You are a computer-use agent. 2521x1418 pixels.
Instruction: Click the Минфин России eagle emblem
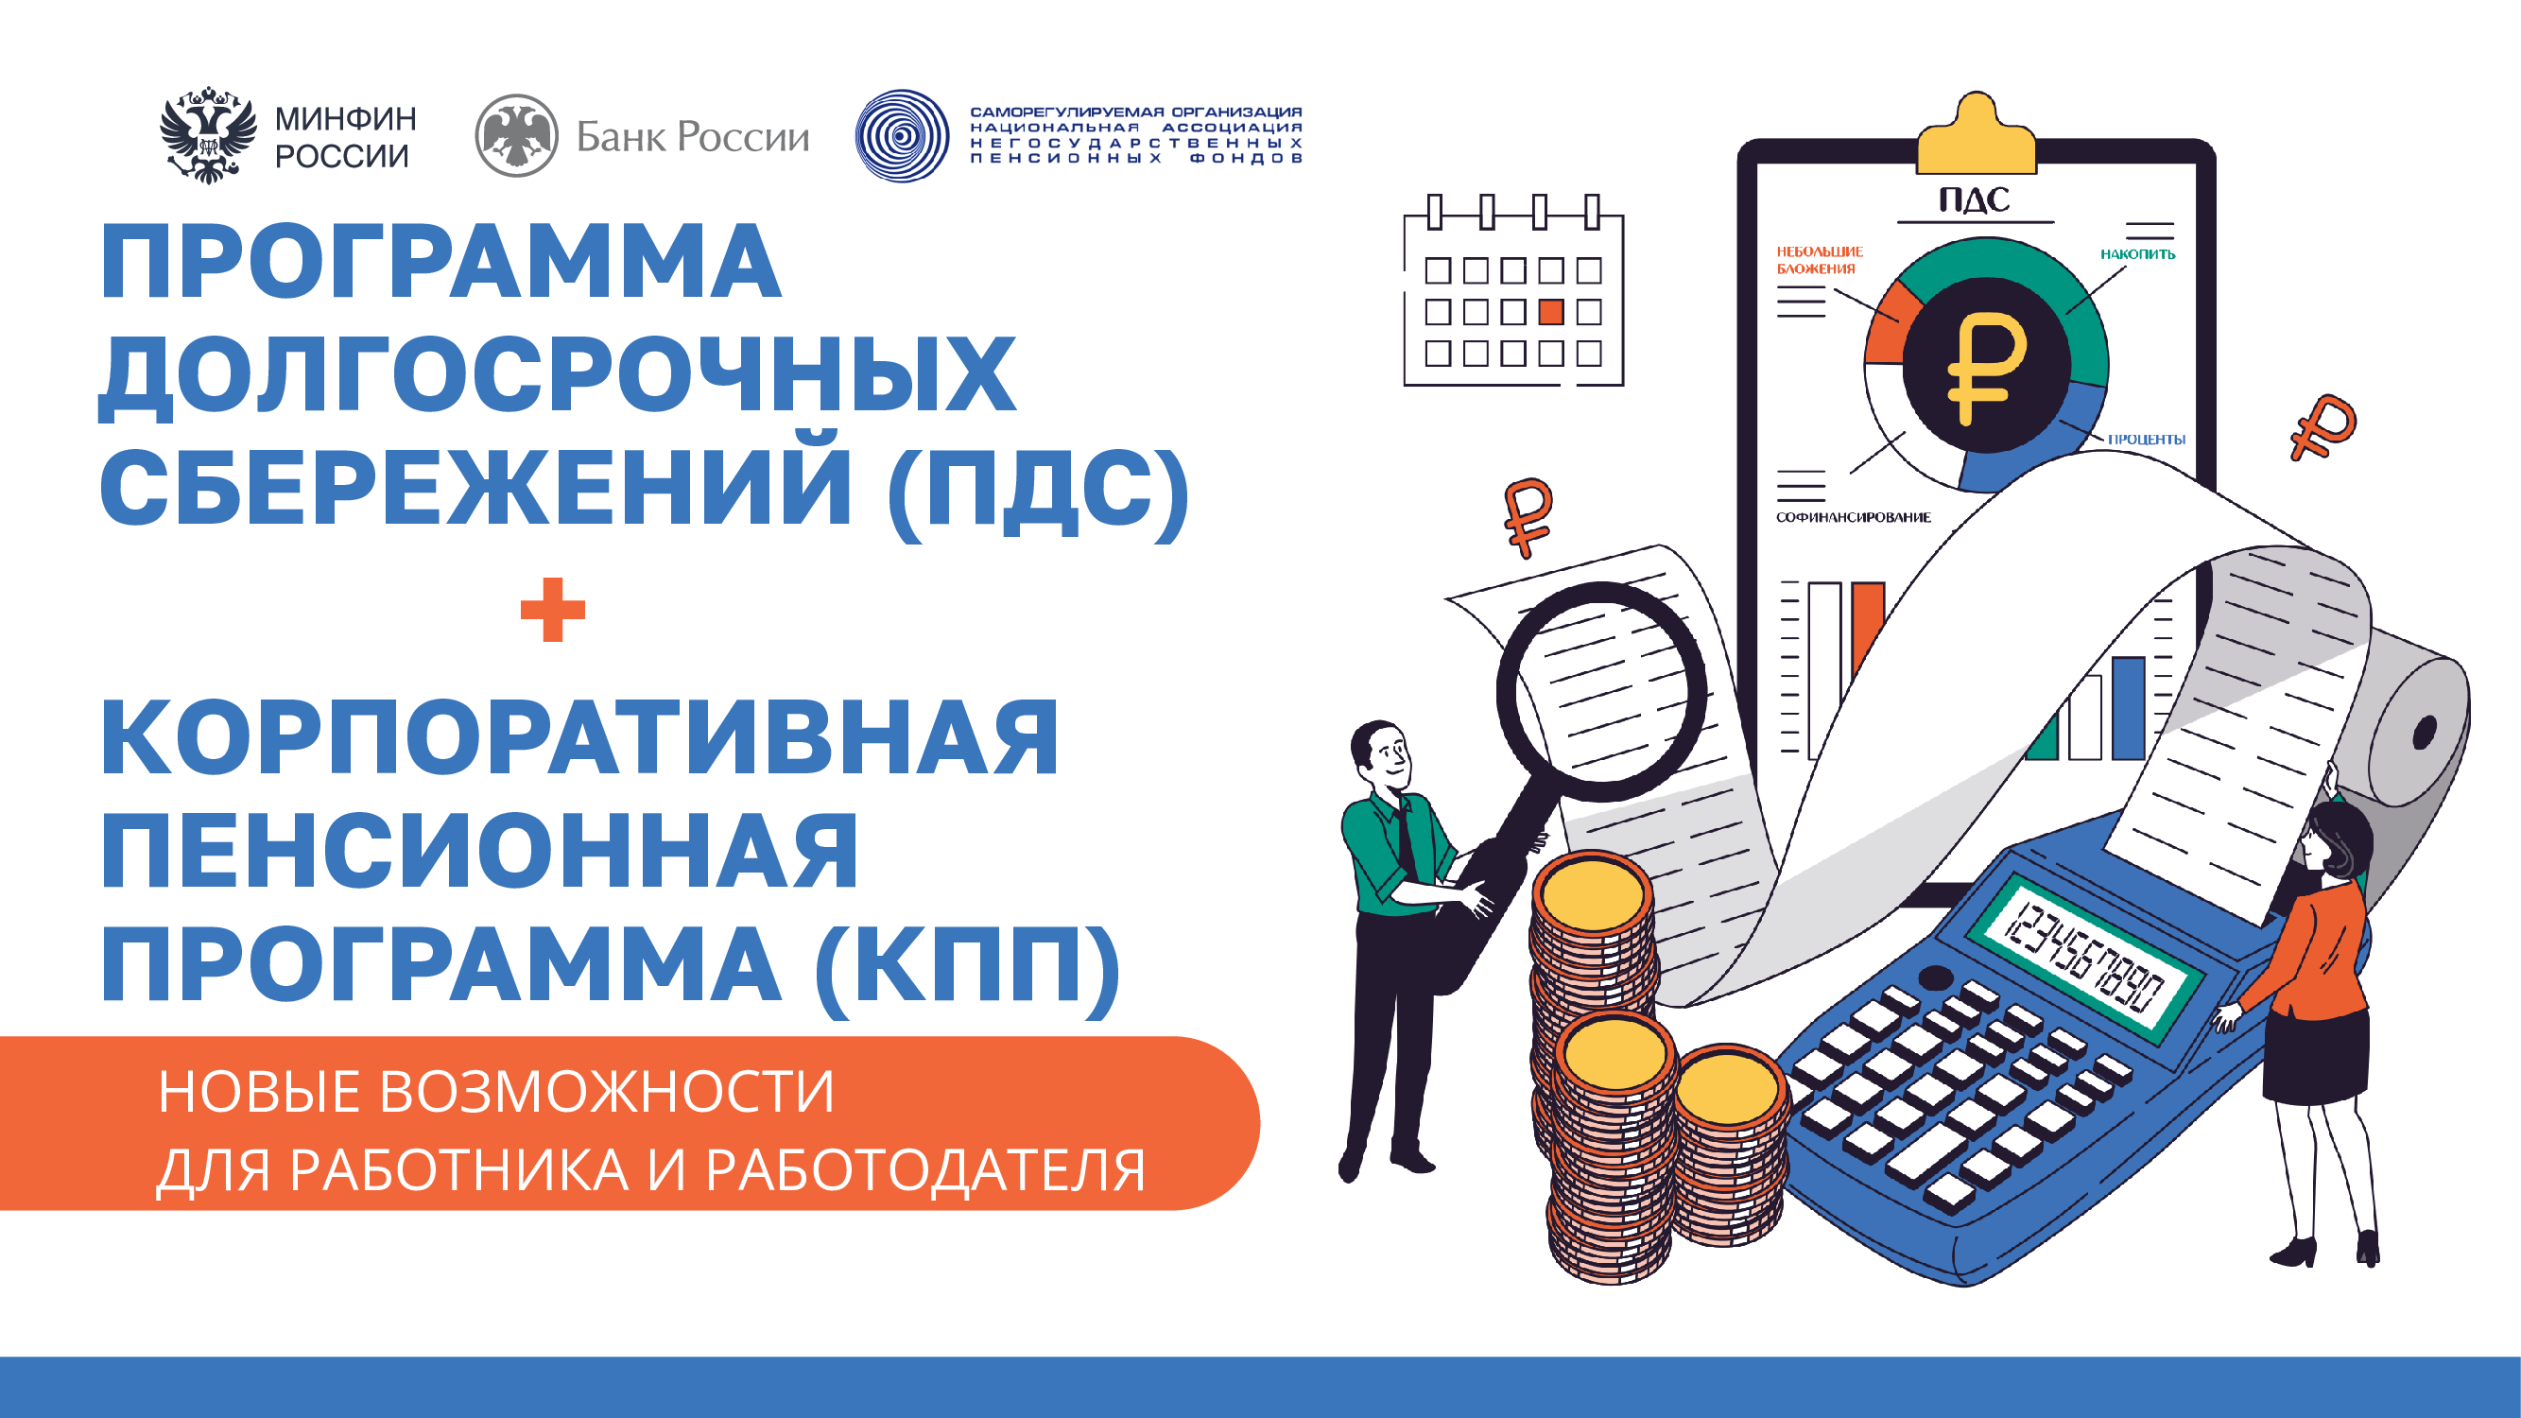tap(207, 135)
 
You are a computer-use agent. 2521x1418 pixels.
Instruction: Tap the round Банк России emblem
tap(517, 136)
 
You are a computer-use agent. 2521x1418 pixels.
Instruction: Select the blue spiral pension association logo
tap(902, 136)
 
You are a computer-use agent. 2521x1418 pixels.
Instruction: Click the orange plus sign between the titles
tap(553, 610)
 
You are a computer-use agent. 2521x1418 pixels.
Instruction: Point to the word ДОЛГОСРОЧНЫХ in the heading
tap(558, 374)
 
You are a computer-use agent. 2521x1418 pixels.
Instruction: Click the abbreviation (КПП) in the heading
tap(967, 965)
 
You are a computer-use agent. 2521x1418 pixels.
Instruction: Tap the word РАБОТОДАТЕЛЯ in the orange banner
tap(924, 1169)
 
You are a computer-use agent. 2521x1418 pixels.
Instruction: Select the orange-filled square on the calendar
tap(1551, 312)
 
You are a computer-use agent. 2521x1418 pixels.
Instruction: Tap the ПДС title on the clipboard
tap(1975, 199)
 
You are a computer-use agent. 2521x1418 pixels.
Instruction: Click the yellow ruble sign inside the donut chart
tap(1986, 367)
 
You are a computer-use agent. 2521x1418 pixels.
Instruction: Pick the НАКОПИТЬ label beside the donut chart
tap(2137, 254)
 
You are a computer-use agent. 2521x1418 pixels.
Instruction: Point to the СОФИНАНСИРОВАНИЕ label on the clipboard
tap(1854, 517)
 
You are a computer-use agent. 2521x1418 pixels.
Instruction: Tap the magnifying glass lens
tap(1602, 691)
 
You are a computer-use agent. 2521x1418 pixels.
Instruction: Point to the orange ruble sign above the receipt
tap(1528, 516)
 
